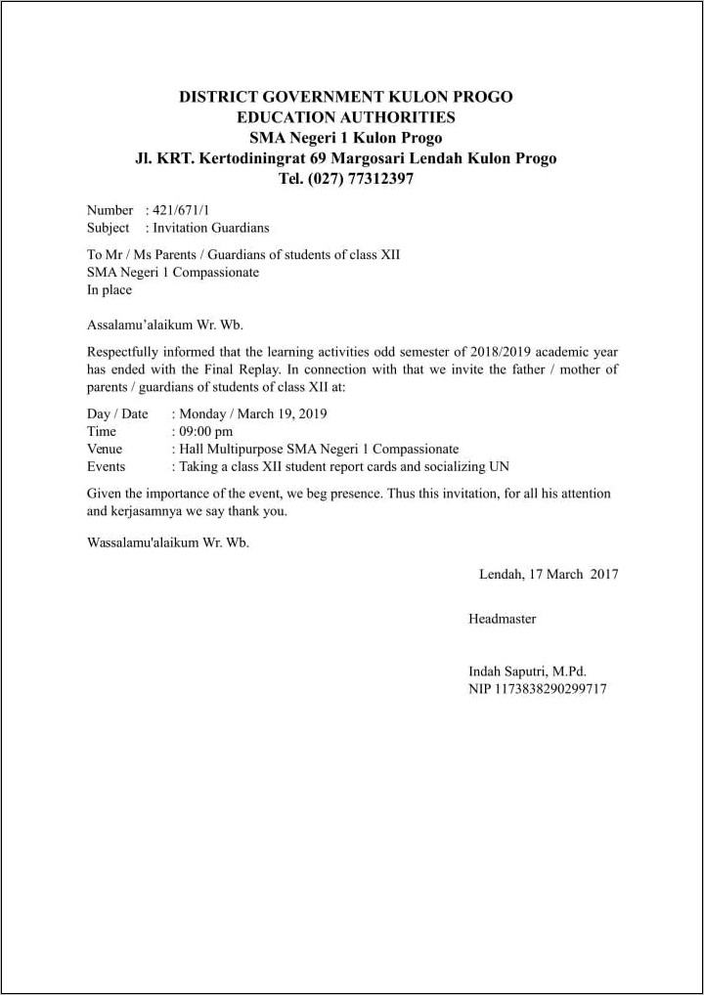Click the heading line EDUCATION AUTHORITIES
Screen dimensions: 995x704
tap(345, 117)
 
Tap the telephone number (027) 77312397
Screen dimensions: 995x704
tap(360, 179)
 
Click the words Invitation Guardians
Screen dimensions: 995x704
tap(211, 228)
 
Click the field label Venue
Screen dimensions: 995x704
tap(105, 449)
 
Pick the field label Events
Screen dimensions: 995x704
tap(107, 466)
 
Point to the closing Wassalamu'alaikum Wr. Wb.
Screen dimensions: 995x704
tap(167, 542)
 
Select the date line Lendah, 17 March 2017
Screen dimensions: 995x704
tap(548, 575)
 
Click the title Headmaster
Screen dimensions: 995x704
tap(502, 619)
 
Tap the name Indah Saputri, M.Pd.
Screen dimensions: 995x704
tap(527, 671)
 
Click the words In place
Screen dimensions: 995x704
tap(109, 290)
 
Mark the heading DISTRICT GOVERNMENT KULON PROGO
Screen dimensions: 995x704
tap(345, 97)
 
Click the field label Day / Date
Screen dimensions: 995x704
tap(117, 413)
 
